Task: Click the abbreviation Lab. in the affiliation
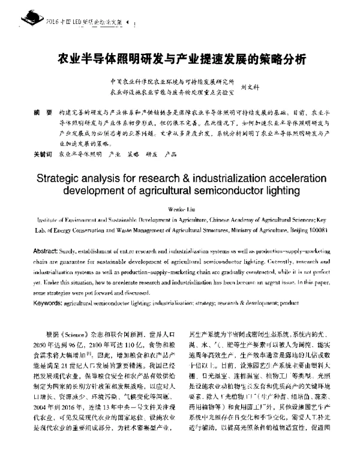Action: pyautogui.click(x=44, y=230)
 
